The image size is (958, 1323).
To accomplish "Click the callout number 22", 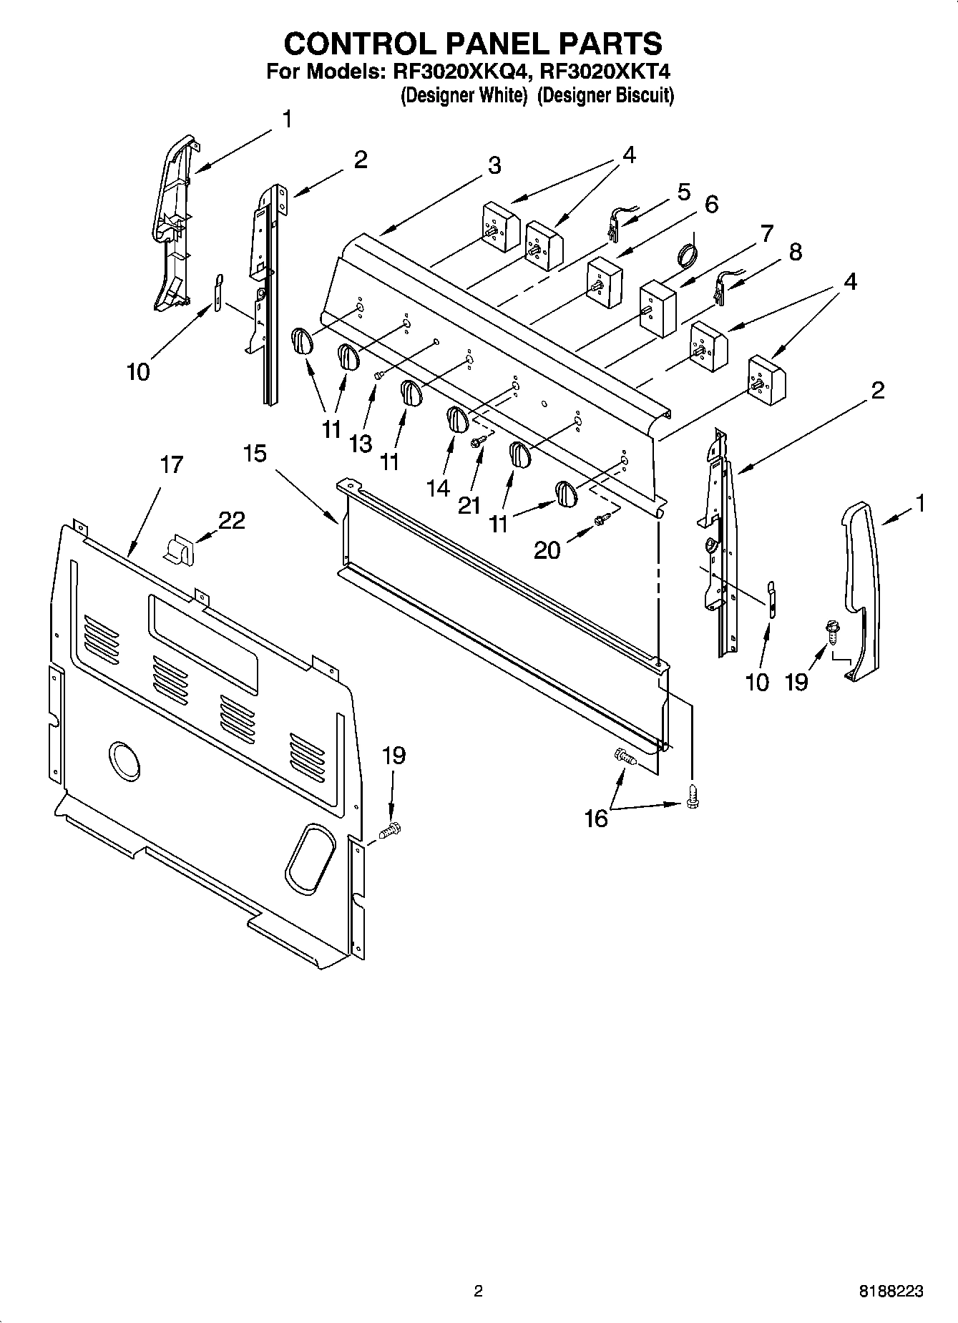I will coord(231,520).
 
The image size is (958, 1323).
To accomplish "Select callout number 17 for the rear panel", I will coord(171,465).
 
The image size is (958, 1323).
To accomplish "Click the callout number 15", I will coord(255,454).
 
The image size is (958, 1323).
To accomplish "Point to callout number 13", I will coord(361,444).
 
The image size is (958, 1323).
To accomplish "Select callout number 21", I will coord(469,505).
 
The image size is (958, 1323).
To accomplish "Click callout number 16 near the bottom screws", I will coord(596,819).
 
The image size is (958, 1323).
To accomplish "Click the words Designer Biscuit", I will coord(605,95).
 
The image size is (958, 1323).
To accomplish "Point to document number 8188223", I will coord(890,1292).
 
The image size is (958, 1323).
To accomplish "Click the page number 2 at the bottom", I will coord(479,1292).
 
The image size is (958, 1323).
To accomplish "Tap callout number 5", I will coord(684,192).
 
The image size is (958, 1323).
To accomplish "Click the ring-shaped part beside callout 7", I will coord(687,255).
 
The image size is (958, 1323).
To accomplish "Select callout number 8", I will coord(796,252).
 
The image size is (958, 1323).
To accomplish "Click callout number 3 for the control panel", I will coord(494,165).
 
